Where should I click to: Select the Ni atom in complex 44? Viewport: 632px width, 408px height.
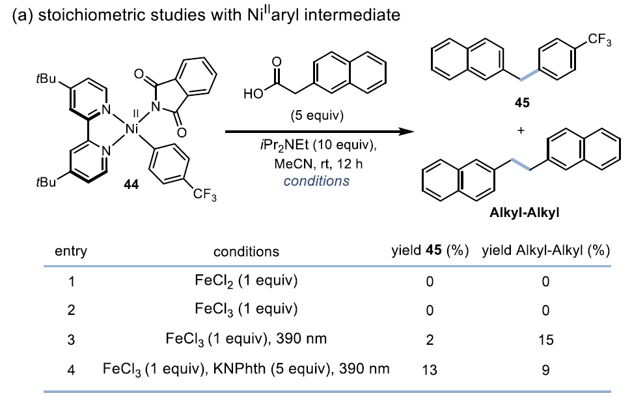click(132, 130)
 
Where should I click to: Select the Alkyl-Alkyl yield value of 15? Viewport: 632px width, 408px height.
click(545, 340)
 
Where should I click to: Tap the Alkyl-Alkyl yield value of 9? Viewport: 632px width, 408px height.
click(545, 370)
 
